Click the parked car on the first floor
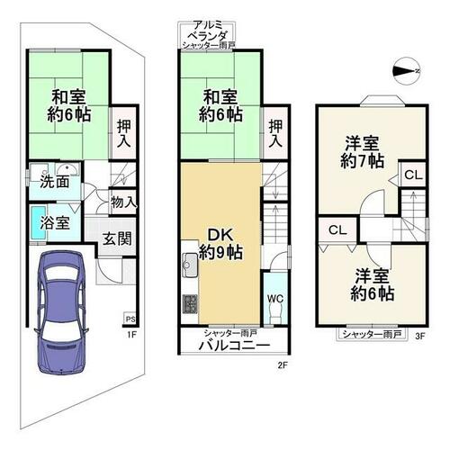tap(61, 312)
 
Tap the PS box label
tap(130, 319)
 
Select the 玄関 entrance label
tap(117, 238)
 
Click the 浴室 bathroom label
tap(55, 223)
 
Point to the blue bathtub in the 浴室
tap(39, 222)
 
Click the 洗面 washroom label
tap(55, 182)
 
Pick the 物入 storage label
tap(124, 202)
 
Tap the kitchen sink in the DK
tap(190, 265)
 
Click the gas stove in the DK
tap(190, 304)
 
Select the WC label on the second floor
tap(275, 299)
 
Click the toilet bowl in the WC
tap(275, 314)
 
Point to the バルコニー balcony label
tap(235, 346)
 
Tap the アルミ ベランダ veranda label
tap(207, 30)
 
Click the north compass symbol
tap(407, 71)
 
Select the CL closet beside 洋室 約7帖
tap(413, 175)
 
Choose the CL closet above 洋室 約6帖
tap(337, 230)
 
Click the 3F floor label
tap(420, 337)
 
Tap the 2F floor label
tap(283, 365)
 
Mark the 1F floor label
tap(131, 334)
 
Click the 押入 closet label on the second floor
tap(275, 133)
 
